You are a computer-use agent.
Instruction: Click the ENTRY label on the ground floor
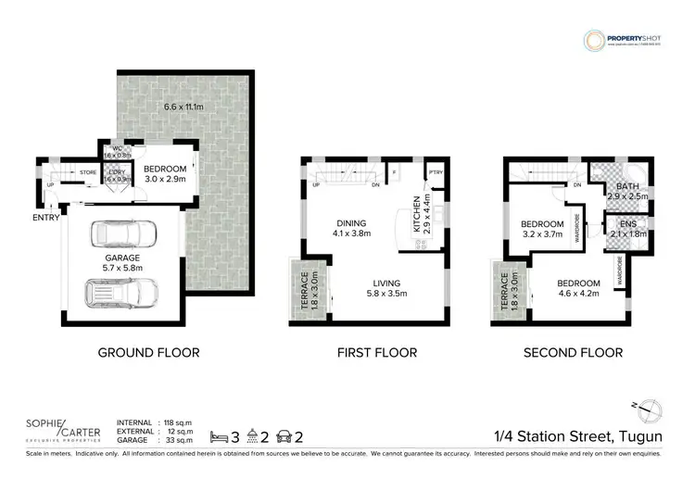tap(45, 218)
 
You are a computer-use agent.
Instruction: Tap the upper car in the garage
tap(124, 235)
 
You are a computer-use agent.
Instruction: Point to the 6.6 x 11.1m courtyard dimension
tap(184, 107)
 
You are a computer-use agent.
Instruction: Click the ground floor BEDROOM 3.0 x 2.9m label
tap(164, 173)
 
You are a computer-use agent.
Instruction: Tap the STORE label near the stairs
tap(88, 172)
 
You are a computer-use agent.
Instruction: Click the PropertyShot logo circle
tap(593, 41)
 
